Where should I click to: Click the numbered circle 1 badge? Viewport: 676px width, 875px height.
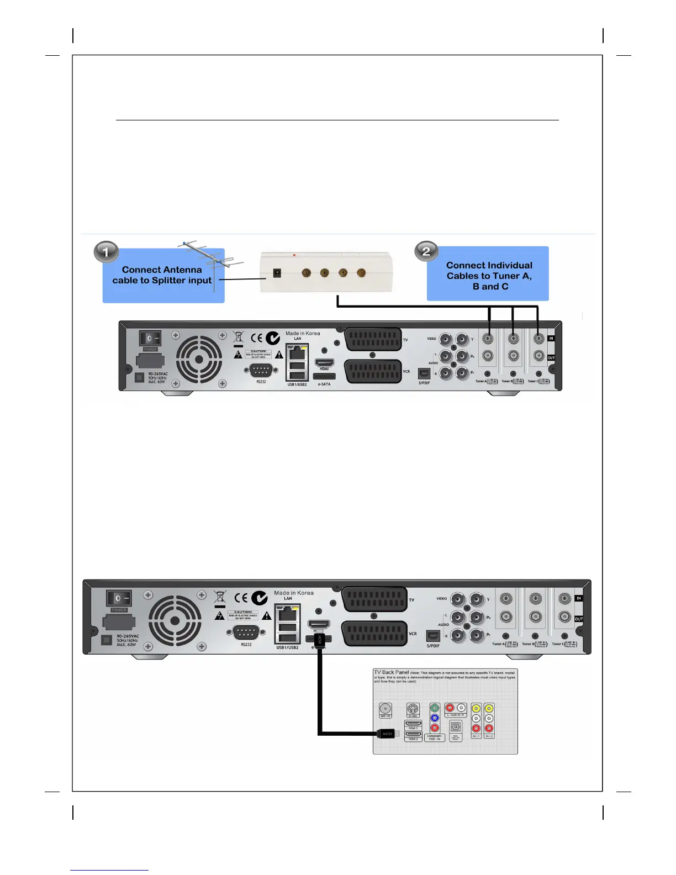point(106,252)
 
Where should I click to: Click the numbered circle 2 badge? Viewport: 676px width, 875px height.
point(426,251)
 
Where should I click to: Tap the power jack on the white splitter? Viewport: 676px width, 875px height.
point(277,273)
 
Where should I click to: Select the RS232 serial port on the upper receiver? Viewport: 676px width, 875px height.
point(260,370)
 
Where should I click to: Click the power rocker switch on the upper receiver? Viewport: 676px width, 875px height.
point(150,338)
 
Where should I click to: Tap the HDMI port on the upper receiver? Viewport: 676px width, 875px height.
point(324,363)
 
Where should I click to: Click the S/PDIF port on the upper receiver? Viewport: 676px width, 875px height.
point(424,373)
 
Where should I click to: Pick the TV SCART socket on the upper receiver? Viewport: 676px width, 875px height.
point(373,340)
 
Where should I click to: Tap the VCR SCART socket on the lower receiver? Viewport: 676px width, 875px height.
point(374,633)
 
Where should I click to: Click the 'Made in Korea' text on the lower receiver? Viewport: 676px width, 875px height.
point(294,593)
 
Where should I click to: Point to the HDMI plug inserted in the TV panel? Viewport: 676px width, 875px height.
point(387,734)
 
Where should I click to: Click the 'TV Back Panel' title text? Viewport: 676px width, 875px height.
point(391,672)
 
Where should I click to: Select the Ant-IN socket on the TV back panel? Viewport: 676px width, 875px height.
point(385,709)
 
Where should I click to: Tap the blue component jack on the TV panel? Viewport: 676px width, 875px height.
point(435,718)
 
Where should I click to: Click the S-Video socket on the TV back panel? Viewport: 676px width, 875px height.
point(413,709)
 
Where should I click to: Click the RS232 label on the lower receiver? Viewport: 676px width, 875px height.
point(246,644)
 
